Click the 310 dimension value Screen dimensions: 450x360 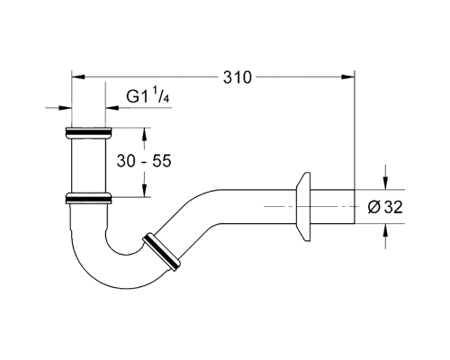237,77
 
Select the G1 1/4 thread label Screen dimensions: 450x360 148,94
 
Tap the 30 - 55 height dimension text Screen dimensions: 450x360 144,161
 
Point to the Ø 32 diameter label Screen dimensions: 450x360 385,207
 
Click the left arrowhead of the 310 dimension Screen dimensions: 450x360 78,77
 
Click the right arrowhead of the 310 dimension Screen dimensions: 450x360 348,77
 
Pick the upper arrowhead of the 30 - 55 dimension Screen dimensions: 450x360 145,134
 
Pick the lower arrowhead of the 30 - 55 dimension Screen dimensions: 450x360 145,191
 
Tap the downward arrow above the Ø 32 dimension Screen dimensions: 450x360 386,183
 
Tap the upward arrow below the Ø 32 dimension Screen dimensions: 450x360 386,230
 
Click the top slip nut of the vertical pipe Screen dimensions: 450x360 88,132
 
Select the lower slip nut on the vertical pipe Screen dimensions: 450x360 88,198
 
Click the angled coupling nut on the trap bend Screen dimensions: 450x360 161,252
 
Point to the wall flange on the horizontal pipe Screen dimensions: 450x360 303,207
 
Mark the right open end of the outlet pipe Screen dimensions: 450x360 355,207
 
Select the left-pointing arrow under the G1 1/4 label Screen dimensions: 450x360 112,108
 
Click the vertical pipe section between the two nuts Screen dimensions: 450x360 88,166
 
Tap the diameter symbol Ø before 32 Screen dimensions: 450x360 374,207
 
